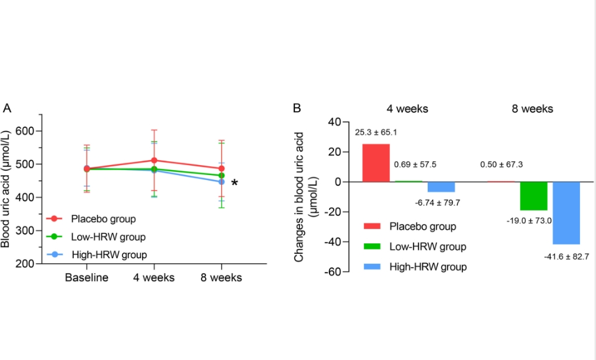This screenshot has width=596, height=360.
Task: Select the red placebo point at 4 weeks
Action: click(154, 161)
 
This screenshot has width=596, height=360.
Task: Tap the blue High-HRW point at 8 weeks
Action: click(222, 182)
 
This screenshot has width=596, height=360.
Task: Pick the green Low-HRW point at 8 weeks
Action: click(222, 176)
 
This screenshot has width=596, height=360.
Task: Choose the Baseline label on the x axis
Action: click(87, 277)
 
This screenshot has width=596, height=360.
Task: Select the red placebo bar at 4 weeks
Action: click(376, 163)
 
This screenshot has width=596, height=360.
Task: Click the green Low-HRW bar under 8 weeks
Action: click(533, 196)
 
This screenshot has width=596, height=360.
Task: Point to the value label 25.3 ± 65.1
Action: click(376, 132)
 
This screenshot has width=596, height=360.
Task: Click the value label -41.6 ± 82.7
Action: click(567, 255)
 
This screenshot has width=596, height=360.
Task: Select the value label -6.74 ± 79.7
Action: click(441, 203)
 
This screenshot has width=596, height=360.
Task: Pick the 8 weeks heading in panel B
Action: click(533, 109)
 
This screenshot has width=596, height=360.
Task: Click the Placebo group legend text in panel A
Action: click(104, 218)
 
